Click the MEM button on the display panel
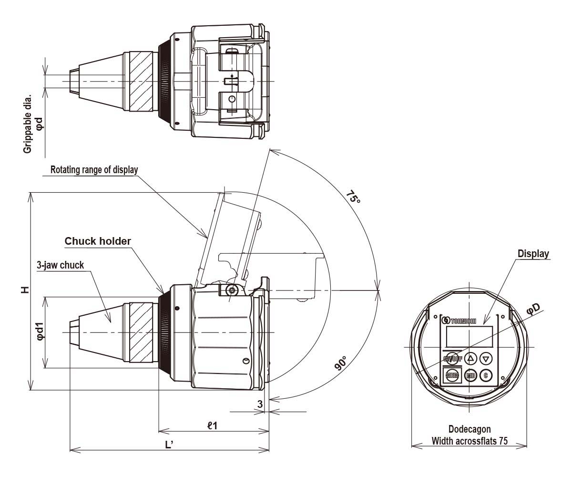(452, 375)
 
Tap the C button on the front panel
(486, 375)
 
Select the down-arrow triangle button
(486, 358)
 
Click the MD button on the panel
(471, 375)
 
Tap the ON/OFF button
(453, 358)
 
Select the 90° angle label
(341, 363)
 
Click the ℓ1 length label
(212, 425)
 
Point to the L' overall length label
(169, 445)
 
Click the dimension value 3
(259, 404)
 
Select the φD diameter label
(533, 309)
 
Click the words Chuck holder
(98, 241)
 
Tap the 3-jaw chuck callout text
(60, 265)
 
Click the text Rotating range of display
(94, 169)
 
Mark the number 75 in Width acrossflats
(502, 441)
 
